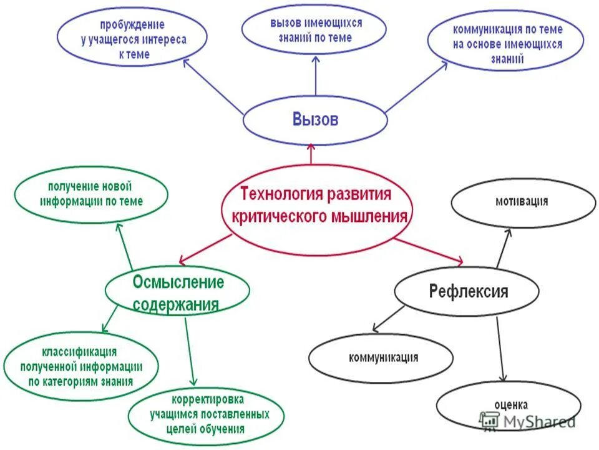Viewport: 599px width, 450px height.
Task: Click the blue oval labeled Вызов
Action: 315,120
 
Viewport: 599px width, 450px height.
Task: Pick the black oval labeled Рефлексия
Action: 467,291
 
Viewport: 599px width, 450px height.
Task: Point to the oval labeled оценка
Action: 509,405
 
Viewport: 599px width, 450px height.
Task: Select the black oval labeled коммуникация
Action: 381,358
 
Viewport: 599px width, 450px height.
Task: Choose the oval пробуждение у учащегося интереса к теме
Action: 132,39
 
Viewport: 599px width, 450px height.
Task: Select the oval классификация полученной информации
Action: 81,365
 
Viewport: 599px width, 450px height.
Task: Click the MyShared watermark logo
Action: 527,421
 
